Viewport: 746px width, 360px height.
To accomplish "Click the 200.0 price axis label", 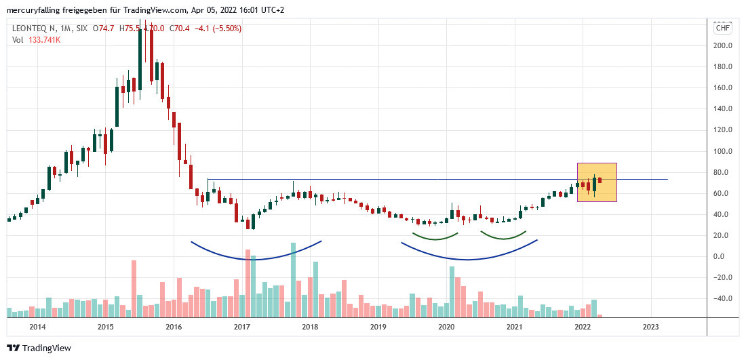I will point(722,45).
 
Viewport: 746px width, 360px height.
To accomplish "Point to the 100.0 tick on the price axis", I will point(722,151).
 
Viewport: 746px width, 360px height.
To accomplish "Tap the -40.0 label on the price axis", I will point(722,298).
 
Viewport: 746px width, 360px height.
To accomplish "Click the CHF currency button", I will point(722,28).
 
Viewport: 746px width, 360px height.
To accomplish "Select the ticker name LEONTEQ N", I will point(35,28).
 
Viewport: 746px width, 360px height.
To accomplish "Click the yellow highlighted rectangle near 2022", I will point(597,182).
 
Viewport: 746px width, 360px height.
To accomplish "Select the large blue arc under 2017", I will point(256,258).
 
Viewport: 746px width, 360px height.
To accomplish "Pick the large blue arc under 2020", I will point(469,258).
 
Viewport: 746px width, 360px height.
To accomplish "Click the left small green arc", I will point(435,238).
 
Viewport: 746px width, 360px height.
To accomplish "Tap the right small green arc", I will point(503,238).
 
